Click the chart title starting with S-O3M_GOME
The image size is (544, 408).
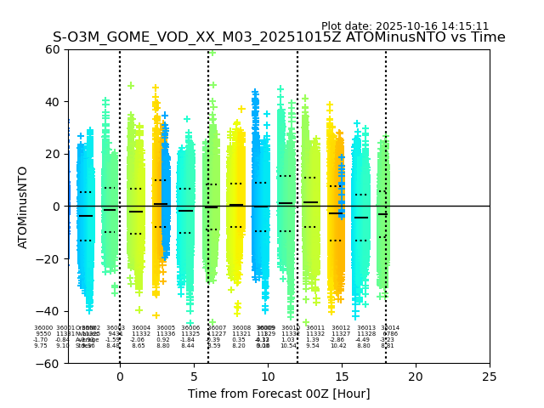point(279,37)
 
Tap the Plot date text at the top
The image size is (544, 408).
point(405,26)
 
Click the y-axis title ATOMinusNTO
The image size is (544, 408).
point(24,207)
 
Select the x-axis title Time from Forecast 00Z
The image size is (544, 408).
point(279,394)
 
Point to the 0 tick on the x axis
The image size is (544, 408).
point(120,376)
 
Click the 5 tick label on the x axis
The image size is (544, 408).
point(194,376)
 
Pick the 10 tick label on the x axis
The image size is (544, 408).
point(268,376)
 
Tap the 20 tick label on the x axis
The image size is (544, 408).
point(416,376)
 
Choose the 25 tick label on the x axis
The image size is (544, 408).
point(490,376)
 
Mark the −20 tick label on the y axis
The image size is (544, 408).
point(48,259)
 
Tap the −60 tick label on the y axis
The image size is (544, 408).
point(48,364)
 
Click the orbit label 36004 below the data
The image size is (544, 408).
point(141,328)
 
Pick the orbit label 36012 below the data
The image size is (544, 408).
point(341,328)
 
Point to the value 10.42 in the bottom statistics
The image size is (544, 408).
point(338,346)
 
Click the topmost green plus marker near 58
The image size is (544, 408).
point(212,53)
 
